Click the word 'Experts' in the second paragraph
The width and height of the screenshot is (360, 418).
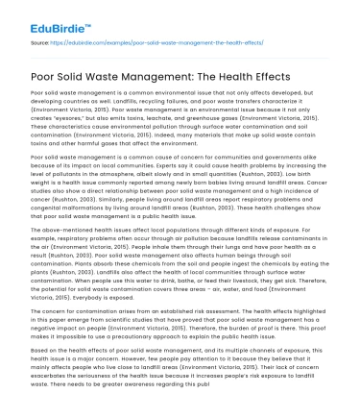coord(166,163)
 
